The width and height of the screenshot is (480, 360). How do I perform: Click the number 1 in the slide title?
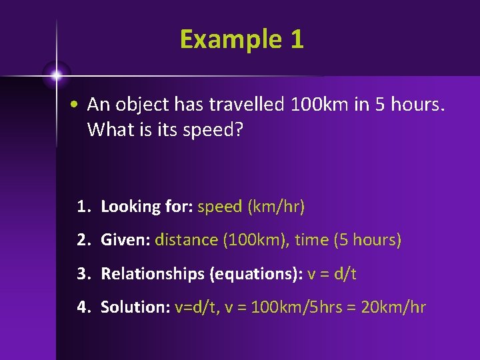[x=297, y=39]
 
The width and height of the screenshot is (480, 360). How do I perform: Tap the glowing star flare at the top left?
[x=57, y=75]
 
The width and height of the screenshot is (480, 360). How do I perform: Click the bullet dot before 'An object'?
[x=78, y=105]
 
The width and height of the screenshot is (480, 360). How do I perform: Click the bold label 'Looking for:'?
[x=147, y=207]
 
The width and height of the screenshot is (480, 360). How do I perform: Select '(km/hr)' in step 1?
[x=276, y=207]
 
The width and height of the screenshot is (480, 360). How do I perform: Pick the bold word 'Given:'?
[x=125, y=240]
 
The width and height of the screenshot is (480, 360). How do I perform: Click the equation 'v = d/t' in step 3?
[x=332, y=273]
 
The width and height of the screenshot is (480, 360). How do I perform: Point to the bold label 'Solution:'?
[x=135, y=307]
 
